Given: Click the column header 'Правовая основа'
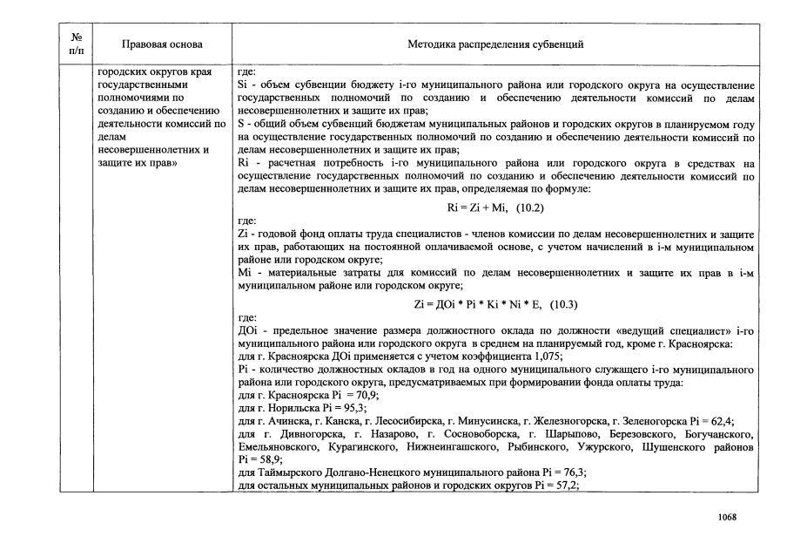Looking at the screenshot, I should [x=162, y=44].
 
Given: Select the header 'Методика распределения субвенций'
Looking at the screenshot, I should [x=495, y=44].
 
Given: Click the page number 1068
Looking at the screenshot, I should [x=727, y=517].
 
